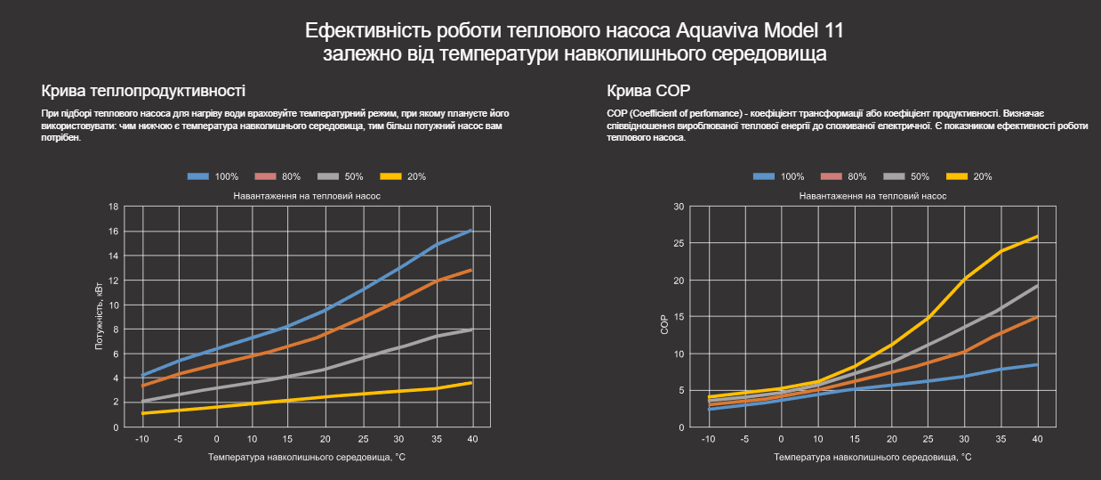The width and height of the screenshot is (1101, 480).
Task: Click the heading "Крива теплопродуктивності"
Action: [x=143, y=91]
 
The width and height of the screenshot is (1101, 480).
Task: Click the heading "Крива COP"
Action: [x=648, y=91]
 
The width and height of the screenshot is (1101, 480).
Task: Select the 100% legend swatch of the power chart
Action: [x=197, y=176]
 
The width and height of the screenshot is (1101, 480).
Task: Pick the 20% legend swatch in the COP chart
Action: [x=955, y=176]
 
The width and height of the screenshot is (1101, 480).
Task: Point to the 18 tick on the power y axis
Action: [x=113, y=207]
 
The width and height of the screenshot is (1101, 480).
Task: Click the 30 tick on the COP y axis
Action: [x=679, y=207]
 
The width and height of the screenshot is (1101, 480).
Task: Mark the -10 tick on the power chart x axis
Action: [x=142, y=439]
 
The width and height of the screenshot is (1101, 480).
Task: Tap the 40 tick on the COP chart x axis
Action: [x=1037, y=439]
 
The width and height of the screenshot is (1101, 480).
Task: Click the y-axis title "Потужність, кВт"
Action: [x=99, y=316]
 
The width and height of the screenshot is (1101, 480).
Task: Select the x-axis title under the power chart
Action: [x=307, y=457]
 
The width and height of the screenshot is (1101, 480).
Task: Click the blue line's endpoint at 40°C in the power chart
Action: [x=471, y=231]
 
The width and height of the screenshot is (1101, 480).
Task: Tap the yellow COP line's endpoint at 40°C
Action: [x=1037, y=236]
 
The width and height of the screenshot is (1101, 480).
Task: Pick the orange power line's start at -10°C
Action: [x=143, y=386]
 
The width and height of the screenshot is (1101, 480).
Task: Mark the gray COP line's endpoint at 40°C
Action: [x=1037, y=286]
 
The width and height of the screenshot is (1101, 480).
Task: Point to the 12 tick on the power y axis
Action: [x=113, y=281]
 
